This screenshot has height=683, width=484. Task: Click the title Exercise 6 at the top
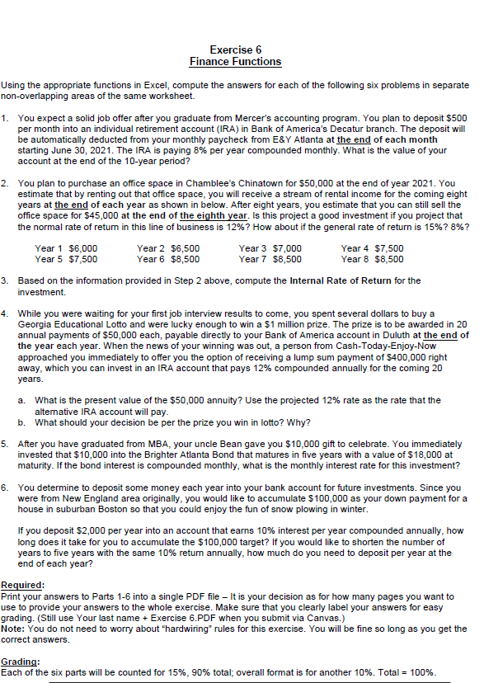point(235,49)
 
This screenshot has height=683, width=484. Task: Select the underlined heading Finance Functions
point(235,62)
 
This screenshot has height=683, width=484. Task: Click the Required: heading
point(22,584)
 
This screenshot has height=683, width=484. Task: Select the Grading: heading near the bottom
point(20,662)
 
